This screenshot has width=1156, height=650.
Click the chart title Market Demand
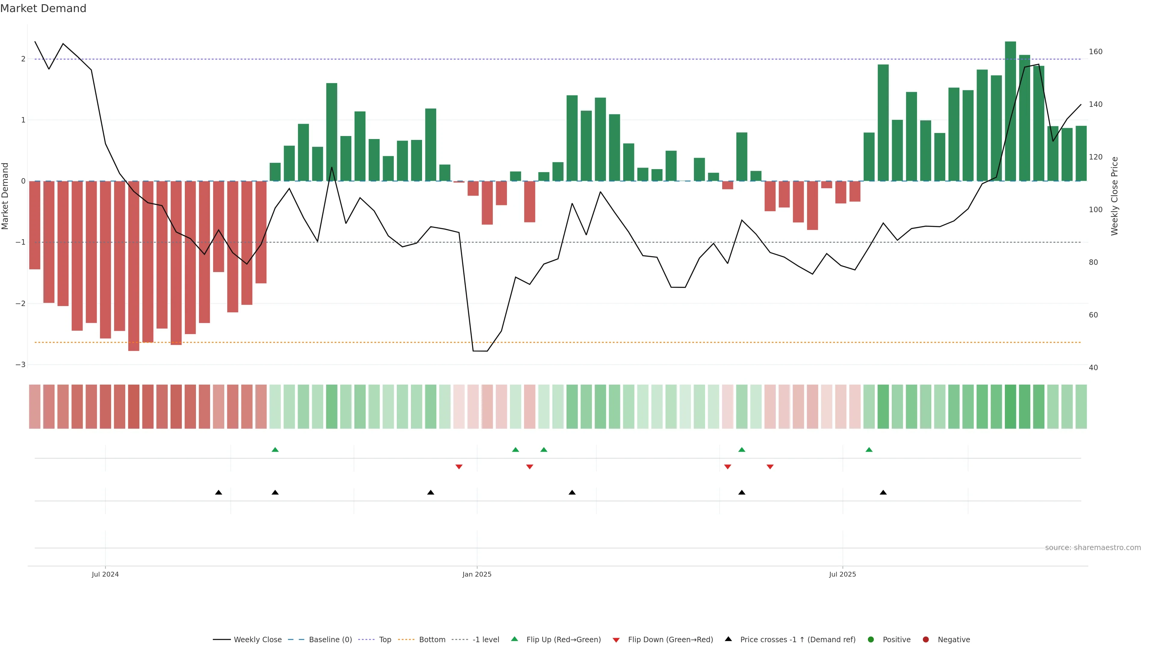click(x=43, y=8)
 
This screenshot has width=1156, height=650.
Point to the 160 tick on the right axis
click(x=1095, y=51)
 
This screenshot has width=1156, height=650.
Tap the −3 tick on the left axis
click(x=20, y=365)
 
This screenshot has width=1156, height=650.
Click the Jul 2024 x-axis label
click(x=105, y=574)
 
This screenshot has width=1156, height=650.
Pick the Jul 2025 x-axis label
click(x=842, y=574)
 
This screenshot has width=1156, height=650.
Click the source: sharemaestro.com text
click(x=1093, y=548)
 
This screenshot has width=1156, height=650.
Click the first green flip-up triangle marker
click(x=275, y=450)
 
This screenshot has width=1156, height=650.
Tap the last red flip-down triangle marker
click(x=770, y=467)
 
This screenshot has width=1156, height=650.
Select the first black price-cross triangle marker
click(x=219, y=493)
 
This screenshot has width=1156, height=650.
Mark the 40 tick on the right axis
click(x=1093, y=368)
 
